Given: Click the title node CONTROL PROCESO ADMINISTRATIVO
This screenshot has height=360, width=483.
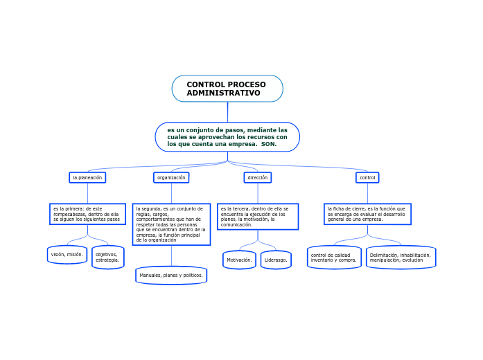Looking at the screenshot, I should (227, 89).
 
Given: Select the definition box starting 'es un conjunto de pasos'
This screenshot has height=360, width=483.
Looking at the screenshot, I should (227, 137).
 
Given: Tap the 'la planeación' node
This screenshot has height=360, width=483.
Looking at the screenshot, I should (87, 178).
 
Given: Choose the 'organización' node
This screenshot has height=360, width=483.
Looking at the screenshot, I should (171, 178).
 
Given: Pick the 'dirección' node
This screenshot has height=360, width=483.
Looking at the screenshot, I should (258, 178).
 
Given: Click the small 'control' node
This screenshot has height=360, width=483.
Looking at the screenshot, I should (367, 178).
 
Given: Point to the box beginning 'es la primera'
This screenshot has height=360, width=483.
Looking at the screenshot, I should (87, 214).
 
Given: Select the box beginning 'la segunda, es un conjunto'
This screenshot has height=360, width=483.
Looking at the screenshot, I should (171, 224).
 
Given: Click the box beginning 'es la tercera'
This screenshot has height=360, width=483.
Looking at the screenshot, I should (258, 216).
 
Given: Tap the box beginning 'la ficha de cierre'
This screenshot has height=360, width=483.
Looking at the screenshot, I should (367, 214).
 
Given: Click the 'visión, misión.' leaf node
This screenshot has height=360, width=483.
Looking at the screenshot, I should (67, 255).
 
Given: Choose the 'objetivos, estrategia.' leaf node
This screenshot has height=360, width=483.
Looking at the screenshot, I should (108, 257).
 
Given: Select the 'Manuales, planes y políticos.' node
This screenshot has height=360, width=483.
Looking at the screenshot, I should (171, 276).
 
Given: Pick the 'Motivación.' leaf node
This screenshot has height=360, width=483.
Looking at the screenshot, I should (239, 260).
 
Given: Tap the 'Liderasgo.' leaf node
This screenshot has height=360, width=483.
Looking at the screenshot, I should (276, 260).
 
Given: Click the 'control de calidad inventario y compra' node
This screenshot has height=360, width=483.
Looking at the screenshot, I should (334, 258).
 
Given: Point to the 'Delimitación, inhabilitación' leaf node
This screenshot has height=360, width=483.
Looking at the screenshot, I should (401, 258).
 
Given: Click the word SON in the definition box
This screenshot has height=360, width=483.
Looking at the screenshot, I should (269, 145).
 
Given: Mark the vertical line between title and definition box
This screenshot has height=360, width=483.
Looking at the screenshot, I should (227, 112).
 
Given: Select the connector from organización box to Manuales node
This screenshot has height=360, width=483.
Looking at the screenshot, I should (171, 255).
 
